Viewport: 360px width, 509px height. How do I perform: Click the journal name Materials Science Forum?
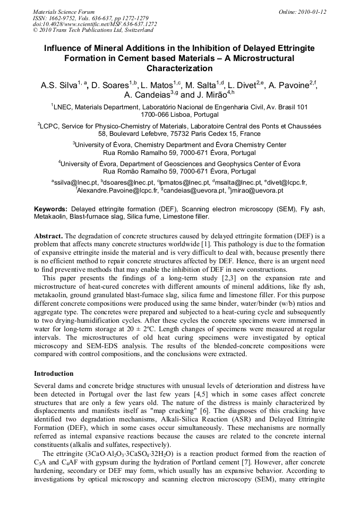[64, 12]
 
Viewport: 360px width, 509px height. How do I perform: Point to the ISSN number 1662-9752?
[66, 18]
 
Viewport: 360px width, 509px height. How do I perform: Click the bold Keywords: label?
[51, 209]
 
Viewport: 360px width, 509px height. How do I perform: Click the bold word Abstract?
[48, 236]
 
